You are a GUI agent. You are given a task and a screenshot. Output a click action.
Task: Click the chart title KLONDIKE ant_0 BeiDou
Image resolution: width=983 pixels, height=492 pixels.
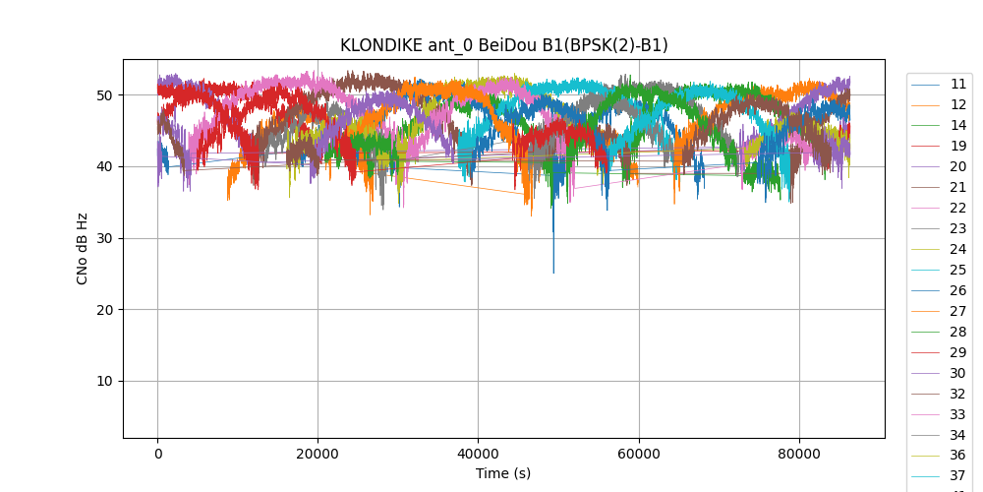[x=503, y=45]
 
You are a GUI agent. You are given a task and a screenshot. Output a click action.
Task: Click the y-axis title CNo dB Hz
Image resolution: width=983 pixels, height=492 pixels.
[x=83, y=249]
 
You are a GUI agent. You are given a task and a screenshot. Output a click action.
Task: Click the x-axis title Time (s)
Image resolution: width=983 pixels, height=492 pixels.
[x=503, y=473]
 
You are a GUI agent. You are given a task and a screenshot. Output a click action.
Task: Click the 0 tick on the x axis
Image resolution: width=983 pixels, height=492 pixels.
[x=157, y=454]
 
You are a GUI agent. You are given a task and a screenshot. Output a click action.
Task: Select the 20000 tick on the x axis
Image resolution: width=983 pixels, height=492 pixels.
[x=318, y=454]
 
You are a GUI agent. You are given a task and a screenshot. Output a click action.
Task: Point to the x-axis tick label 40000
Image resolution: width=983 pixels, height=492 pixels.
[x=478, y=454]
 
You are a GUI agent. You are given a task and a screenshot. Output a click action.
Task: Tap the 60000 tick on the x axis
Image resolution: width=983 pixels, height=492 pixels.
[x=638, y=454]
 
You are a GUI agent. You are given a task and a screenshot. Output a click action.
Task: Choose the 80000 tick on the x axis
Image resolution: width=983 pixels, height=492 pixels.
[x=798, y=454]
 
